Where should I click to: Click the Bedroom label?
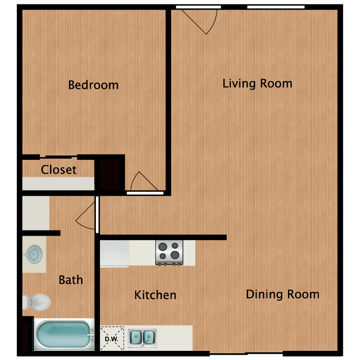pos(93,85)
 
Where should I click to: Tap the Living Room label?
pos(257,84)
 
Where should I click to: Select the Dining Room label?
pos(283,294)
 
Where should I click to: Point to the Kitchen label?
pos(155,295)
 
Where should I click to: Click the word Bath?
pos(71,280)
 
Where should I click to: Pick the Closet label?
pos(59,169)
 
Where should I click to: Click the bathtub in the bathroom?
pos(64,334)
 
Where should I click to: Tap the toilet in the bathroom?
pos(37,302)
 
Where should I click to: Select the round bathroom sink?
pos(34,254)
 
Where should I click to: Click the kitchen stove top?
pos(169,252)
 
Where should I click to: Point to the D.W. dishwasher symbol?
pos(111,339)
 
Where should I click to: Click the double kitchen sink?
pos(143,338)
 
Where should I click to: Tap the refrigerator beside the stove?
pos(114,254)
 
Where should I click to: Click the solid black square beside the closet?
pos(109,175)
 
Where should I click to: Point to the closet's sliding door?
pos(58,157)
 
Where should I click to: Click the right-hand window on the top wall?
pos(276,7)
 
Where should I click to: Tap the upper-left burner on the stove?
pos(163,247)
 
